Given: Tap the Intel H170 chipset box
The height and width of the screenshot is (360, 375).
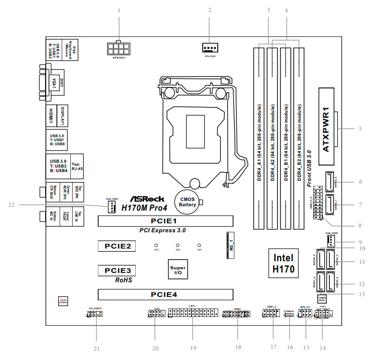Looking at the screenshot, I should click(284, 263).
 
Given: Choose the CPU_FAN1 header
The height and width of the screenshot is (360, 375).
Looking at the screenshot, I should click(210, 48).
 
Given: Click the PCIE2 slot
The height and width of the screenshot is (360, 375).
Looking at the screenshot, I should click(117, 247).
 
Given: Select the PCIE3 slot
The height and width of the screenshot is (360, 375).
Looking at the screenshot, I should click(117, 270).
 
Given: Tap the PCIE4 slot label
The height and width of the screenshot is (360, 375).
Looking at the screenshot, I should click(165, 294).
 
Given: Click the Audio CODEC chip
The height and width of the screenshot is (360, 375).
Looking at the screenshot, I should click(63, 301).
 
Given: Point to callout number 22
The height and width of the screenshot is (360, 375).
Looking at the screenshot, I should click(11, 205).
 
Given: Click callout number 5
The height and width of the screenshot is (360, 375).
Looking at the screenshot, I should click(360, 129).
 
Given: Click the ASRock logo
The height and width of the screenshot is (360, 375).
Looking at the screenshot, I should click(147, 199).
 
